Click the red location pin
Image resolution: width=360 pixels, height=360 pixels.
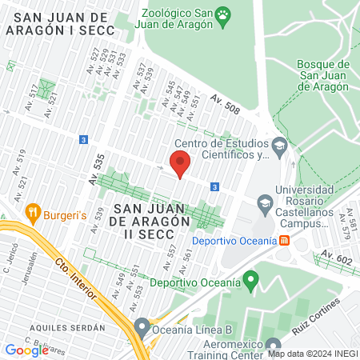(x=180, y=164)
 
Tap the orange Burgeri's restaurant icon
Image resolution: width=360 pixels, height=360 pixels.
(x=33, y=212)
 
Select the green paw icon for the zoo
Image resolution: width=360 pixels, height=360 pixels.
(x=223, y=14)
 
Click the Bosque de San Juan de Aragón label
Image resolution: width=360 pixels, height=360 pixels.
(x=322, y=75)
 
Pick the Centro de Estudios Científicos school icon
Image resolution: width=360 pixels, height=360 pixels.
(x=278, y=145)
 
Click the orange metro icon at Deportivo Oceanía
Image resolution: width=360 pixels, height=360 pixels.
(x=283, y=241)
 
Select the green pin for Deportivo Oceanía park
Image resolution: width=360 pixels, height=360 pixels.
(x=251, y=280)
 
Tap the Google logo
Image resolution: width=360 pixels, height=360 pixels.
(x=26, y=350)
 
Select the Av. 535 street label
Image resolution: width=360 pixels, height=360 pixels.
(x=97, y=172)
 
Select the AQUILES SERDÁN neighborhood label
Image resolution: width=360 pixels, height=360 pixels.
(x=67, y=327)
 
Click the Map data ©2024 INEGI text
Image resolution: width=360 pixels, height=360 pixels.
(x=311, y=353)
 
